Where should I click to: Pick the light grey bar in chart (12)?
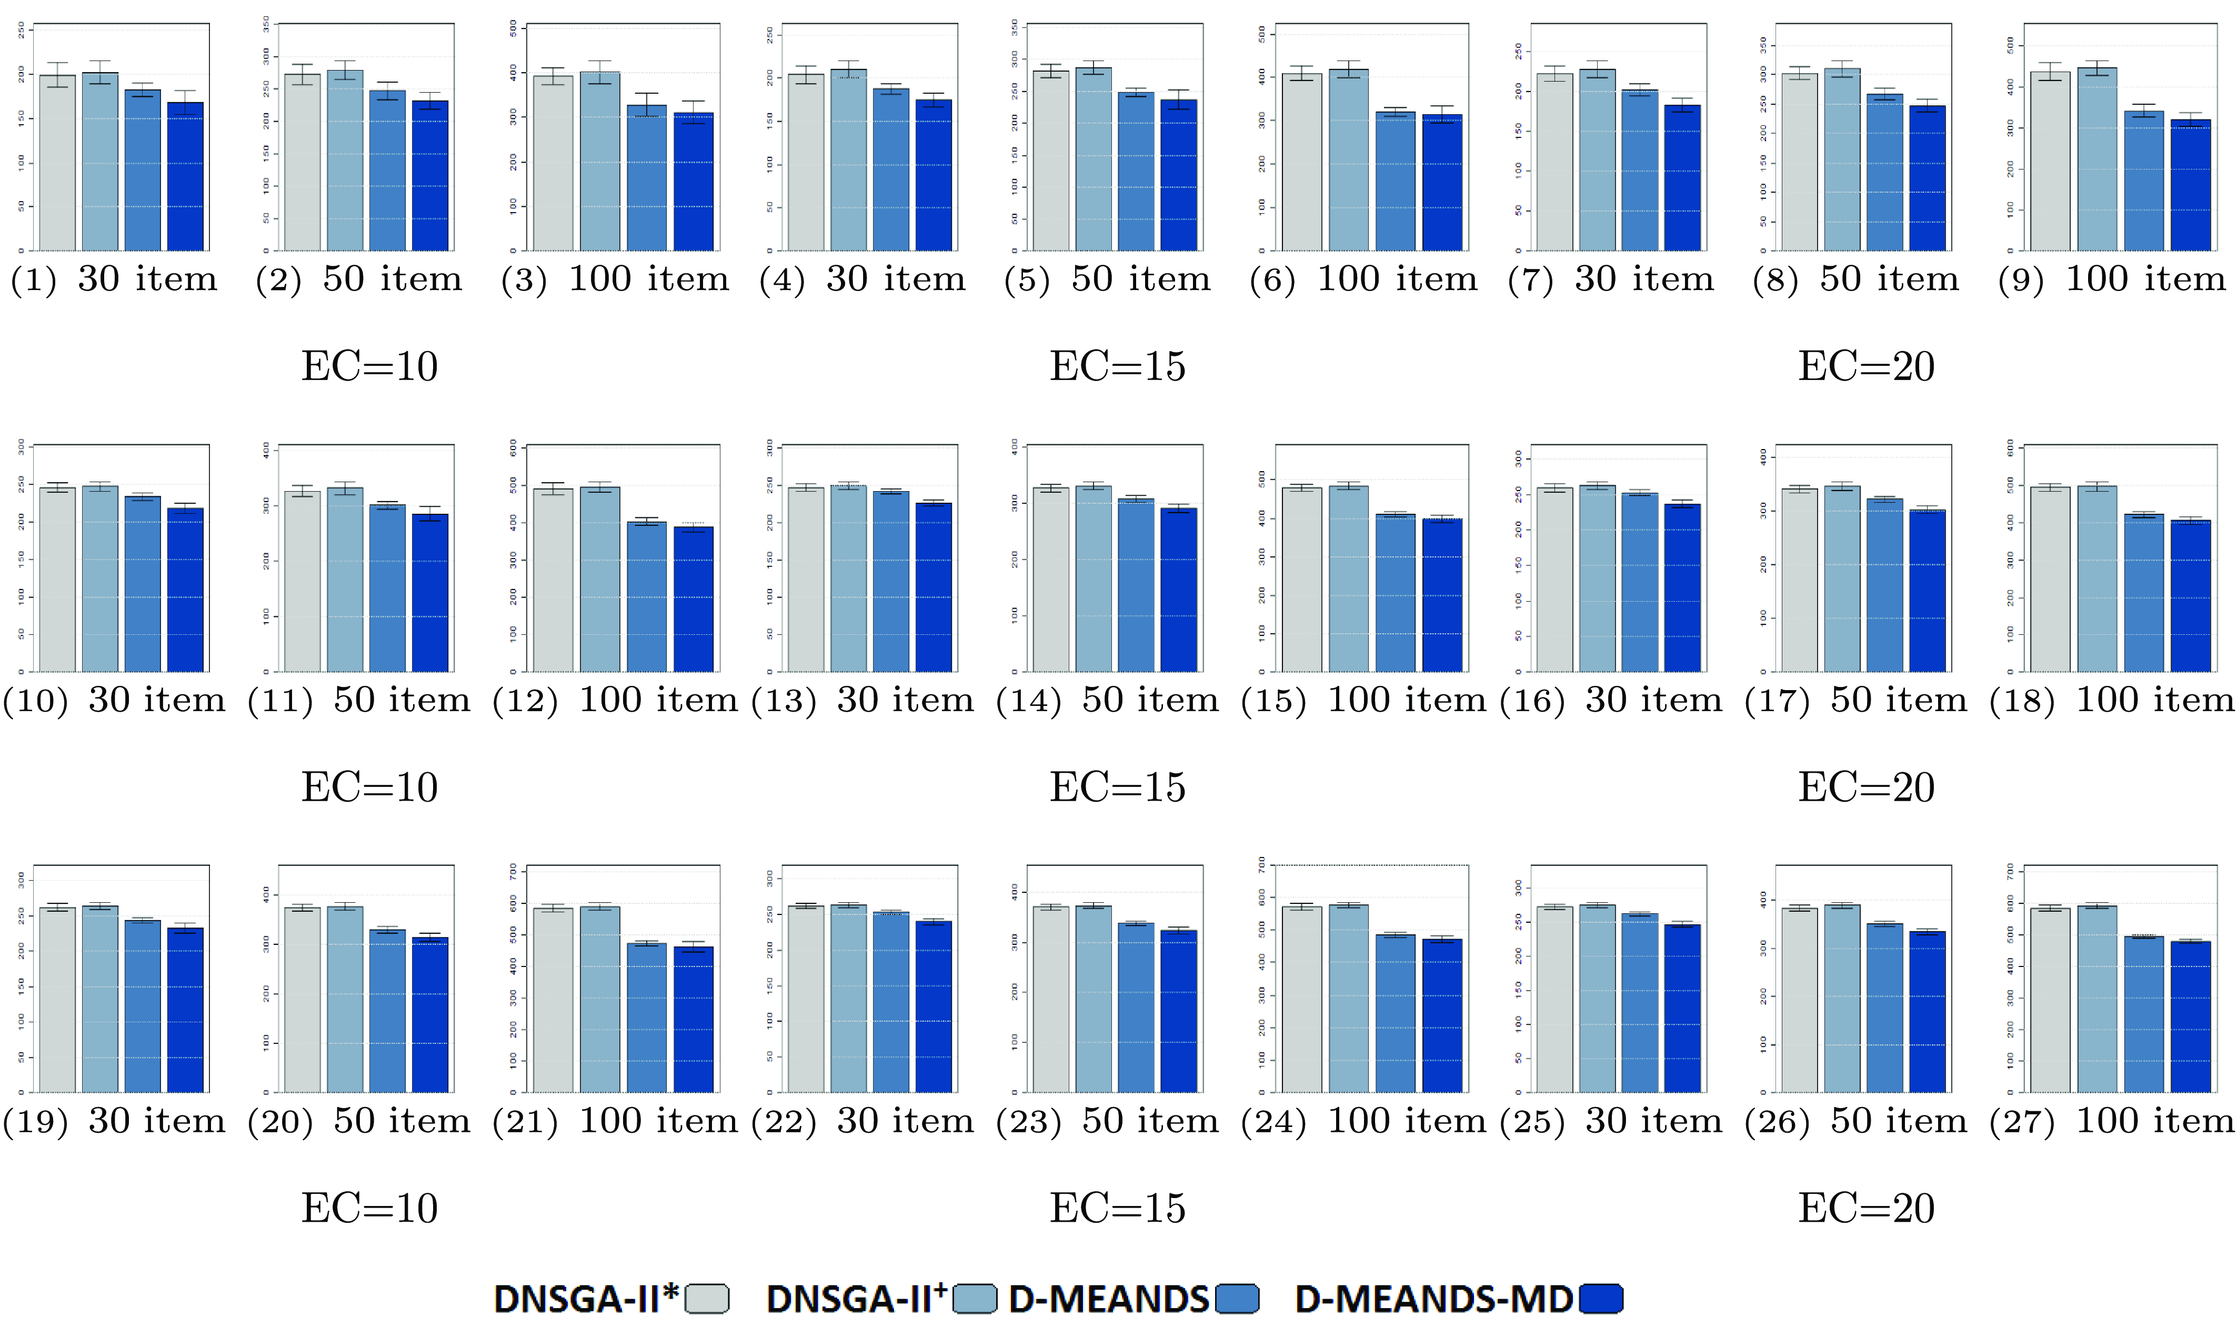(553, 581)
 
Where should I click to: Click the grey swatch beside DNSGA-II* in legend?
(706, 1299)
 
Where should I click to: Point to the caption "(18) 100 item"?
(2111, 701)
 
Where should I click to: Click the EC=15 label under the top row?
(1118, 366)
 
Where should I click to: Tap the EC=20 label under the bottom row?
(1866, 1208)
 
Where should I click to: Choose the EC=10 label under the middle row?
(370, 787)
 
